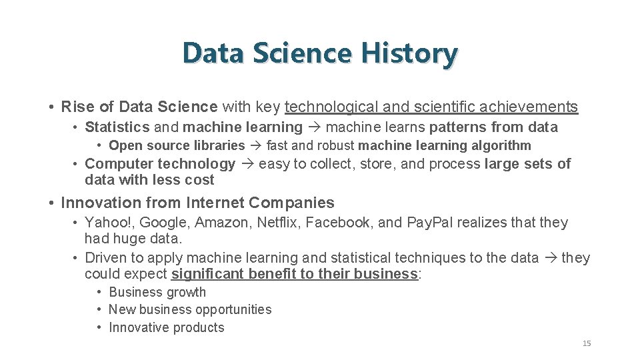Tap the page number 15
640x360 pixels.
[587, 343]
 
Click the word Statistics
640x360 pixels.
[117, 127]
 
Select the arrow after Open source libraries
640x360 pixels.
[255, 145]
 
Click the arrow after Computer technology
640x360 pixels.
[247, 164]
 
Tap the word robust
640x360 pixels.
[336, 145]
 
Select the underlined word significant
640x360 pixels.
[207, 275]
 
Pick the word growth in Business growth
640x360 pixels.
[186, 292]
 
